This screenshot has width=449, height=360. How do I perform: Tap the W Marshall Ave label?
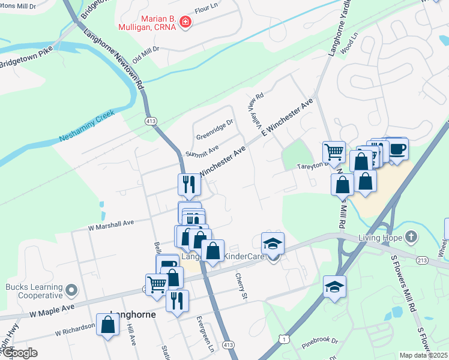coord(110,224)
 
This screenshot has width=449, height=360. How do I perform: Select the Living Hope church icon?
coord(411,236)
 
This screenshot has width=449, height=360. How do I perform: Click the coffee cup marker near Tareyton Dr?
coord(397,148)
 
